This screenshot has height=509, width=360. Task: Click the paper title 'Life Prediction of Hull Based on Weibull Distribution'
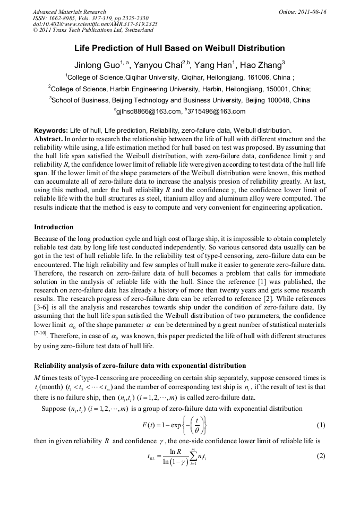(x=179, y=48)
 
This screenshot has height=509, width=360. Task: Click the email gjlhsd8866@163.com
(x=148, y=111)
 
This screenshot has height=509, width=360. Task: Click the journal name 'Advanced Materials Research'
(x=69, y=12)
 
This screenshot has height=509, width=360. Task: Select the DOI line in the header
(x=95, y=24)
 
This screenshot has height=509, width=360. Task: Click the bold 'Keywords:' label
(x=50, y=130)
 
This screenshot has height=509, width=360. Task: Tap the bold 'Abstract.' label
(x=48, y=137)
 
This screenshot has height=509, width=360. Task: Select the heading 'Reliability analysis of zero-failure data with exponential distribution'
(x=140, y=366)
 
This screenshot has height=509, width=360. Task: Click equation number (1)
(x=320, y=426)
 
